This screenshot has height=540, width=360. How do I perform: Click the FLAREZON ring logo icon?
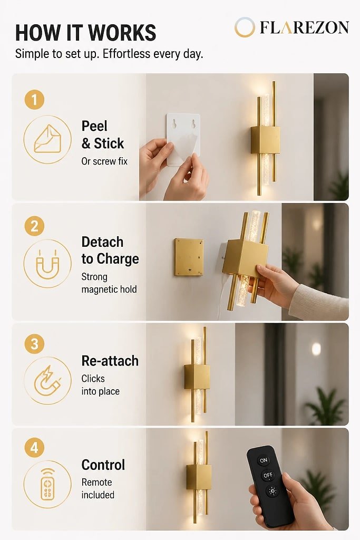click(245, 27)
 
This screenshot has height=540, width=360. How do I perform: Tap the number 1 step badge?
click(34, 100)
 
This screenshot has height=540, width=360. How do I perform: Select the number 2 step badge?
click(34, 226)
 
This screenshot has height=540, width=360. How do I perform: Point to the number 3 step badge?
click(34, 344)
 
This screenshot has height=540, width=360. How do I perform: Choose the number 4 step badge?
click(34, 448)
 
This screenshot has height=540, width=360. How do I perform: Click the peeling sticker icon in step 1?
click(47, 139)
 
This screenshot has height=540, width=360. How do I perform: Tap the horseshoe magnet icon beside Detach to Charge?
click(47, 264)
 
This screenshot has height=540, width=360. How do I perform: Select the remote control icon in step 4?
click(47, 484)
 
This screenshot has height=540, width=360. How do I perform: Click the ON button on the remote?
click(264, 460)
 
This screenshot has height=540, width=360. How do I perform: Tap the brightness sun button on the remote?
click(272, 491)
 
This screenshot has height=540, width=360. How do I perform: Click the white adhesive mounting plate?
click(183, 139)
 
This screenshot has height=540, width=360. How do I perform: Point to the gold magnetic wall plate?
click(189, 257)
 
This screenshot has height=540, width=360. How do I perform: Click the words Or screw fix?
click(104, 161)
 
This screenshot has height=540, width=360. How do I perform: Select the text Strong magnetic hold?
click(109, 283)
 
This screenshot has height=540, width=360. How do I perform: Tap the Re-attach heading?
click(110, 361)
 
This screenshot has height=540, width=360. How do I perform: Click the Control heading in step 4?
click(103, 465)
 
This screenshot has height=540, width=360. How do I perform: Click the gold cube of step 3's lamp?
click(197, 377)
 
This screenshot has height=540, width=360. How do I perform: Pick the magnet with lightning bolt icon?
click(47, 381)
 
